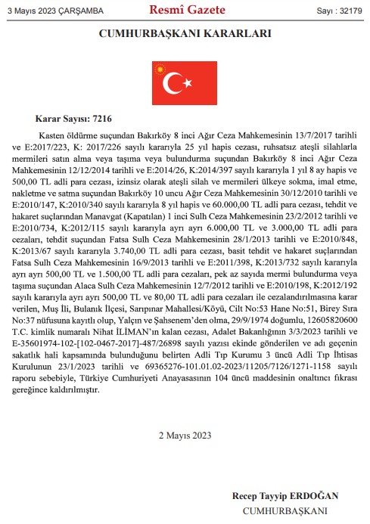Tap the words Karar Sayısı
click(x=63, y=119)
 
